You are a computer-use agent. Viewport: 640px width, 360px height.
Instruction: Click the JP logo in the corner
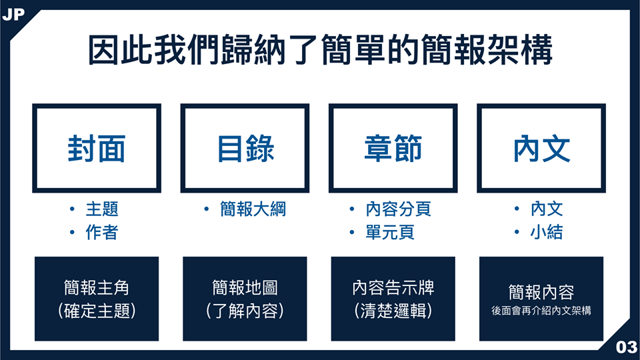point(13,15)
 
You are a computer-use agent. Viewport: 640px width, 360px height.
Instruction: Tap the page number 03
point(626,347)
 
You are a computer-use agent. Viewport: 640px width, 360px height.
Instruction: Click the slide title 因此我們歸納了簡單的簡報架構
point(320,50)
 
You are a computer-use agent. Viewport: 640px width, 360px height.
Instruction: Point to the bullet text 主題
point(102,209)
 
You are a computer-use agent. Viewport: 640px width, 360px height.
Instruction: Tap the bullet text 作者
point(102,232)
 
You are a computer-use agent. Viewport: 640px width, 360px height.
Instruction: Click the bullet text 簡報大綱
point(253,209)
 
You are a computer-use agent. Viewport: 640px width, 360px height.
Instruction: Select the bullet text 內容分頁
point(399,209)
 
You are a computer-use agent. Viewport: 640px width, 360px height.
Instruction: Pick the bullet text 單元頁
point(390,232)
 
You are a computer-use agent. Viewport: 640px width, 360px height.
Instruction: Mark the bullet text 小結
point(547,232)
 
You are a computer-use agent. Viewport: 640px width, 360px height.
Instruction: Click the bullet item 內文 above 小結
point(547,209)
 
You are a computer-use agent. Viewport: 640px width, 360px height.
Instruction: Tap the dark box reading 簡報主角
point(97,299)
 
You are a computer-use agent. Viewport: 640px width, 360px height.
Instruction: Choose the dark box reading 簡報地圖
point(245,299)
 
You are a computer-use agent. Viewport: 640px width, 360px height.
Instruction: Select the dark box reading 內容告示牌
point(393,299)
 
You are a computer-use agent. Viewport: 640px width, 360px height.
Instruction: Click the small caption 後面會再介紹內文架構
point(541,311)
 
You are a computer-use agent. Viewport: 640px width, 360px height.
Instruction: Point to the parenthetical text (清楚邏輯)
point(393,311)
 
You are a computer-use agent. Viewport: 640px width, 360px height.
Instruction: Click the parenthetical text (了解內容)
point(245,311)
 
